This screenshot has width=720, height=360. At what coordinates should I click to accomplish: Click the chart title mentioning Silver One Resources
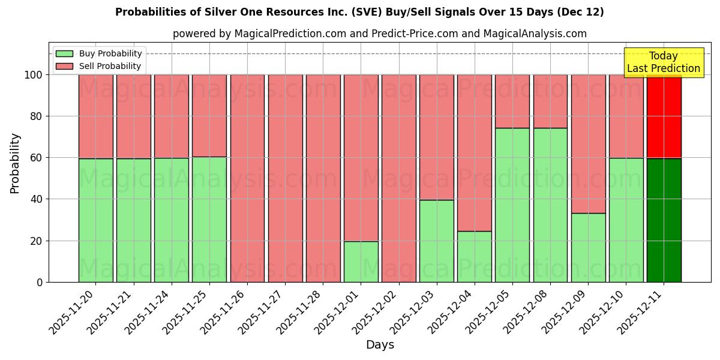(x=359, y=12)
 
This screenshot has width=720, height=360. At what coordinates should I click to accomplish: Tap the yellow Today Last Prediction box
(x=664, y=62)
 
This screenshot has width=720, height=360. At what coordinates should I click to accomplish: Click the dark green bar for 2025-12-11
(x=664, y=220)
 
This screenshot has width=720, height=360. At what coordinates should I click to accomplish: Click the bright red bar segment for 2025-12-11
(x=664, y=116)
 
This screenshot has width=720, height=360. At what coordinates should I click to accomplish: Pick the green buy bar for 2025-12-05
(x=512, y=205)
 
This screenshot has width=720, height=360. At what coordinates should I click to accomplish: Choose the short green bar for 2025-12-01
(x=361, y=262)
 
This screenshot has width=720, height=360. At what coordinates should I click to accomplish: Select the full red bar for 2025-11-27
(x=285, y=178)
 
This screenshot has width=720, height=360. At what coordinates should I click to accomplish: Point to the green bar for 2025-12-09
(x=588, y=247)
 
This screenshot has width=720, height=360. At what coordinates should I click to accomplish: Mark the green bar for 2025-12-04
(x=475, y=256)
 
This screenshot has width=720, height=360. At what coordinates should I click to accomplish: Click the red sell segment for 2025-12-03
(x=437, y=137)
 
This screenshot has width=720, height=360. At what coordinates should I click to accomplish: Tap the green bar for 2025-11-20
(x=95, y=220)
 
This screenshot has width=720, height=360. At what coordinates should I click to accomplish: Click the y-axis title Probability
(x=15, y=163)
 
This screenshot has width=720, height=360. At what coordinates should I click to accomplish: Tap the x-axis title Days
(x=380, y=345)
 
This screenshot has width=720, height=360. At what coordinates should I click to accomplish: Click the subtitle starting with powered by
(x=379, y=34)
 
